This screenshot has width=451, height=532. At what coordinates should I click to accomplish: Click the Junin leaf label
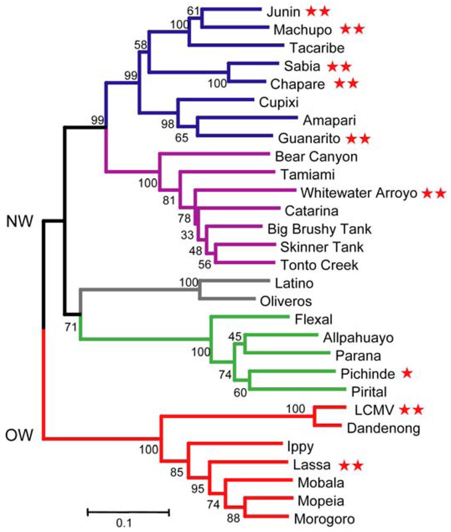[285, 10]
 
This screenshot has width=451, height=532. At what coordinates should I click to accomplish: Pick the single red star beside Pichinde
[407, 373]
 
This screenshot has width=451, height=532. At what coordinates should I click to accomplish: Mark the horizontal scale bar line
[128, 512]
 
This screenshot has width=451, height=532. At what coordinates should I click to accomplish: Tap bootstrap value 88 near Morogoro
[232, 516]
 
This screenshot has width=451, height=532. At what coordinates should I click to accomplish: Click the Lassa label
[308, 464]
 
